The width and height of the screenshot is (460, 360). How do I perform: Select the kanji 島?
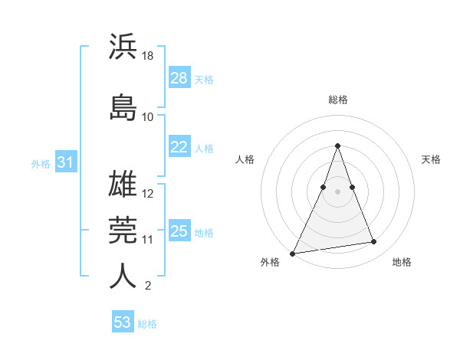(x=123, y=107)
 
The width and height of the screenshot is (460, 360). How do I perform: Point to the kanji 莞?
(x=123, y=230)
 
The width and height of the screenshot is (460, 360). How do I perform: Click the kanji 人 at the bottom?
(x=123, y=277)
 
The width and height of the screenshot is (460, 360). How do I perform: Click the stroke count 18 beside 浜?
(x=149, y=56)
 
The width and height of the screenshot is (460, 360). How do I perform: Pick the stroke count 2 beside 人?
(x=148, y=286)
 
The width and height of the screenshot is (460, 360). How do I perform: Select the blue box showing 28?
(x=179, y=77)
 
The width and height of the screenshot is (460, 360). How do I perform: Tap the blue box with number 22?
(x=179, y=148)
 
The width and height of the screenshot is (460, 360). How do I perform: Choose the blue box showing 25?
(x=179, y=231)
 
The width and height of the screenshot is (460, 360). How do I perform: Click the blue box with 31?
(x=65, y=162)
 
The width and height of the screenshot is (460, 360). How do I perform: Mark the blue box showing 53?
(x=123, y=322)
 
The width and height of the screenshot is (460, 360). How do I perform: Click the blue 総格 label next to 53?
(x=147, y=323)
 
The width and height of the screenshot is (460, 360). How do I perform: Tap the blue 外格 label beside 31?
(x=41, y=163)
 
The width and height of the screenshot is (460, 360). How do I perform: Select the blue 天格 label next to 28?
(x=204, y=78)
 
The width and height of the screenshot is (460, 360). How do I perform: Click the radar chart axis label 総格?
(x=337, y=100)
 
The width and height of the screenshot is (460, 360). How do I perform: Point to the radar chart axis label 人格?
(x=245, y=159)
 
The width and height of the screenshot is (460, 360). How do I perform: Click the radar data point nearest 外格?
(x=293, y=253)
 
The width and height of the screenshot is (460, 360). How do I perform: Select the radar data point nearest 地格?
(x=374, y=242)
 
